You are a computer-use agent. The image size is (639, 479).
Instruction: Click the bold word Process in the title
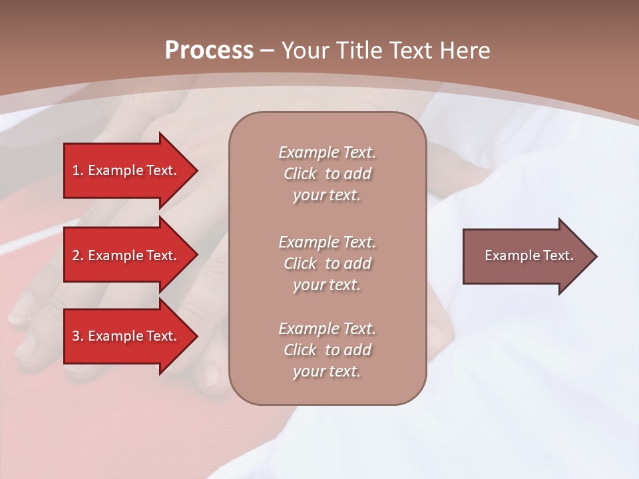tap(209, 51)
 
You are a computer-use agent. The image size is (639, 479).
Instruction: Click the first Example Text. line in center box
tap(327, 152)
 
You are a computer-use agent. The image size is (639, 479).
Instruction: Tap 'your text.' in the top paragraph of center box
tap(327, 196)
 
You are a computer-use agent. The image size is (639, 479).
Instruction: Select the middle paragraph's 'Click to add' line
tap(327, 263)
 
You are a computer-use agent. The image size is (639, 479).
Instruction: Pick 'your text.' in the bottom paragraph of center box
tap(327, 371)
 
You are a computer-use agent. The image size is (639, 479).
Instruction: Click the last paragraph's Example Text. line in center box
tap(327, 329)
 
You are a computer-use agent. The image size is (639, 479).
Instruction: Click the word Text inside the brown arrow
tap(558, 255)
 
